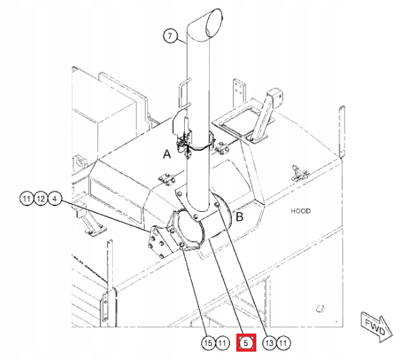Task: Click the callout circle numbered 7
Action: coord(169,37)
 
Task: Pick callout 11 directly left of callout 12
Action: coord(26,199)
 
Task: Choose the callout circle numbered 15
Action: coord(207,343)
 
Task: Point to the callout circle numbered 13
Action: coord(269,343)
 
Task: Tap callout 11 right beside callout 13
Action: coord(283,343)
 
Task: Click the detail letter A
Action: coord(167,155)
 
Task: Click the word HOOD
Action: coord(300,211)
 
